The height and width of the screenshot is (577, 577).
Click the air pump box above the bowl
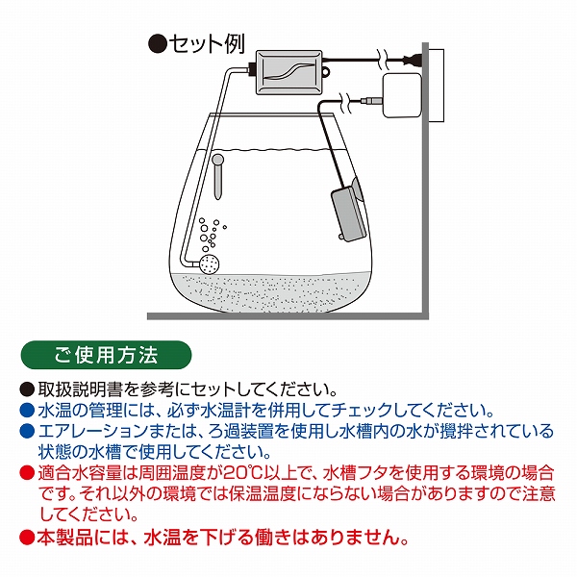(x=288, y=71)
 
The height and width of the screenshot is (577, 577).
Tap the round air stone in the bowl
(x=210, y=263)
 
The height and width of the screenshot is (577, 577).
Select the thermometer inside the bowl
(x=218, y=177)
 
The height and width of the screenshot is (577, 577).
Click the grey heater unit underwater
(x=349, y=214)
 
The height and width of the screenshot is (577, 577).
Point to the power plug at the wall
(x=413, y=59)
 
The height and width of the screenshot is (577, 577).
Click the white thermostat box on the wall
(x=402, y=95)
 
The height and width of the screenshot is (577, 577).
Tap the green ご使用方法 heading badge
(x=106, y=355)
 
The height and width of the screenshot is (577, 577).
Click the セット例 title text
(x=207, y=44)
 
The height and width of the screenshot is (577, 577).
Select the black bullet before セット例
(x=158, y=44)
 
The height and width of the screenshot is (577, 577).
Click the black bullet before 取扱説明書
(x=27, y=389)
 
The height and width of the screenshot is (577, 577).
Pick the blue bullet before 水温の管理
(x=27, y=411)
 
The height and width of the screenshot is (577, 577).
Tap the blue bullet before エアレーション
(x=27, y=431)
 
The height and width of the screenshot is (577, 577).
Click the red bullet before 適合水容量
(x=27, y=473)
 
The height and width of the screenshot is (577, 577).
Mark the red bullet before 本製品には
(x=27, y=538)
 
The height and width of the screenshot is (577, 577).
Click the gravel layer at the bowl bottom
(x=270, y=291)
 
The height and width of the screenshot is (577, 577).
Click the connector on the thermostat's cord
(x=370, y=100)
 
